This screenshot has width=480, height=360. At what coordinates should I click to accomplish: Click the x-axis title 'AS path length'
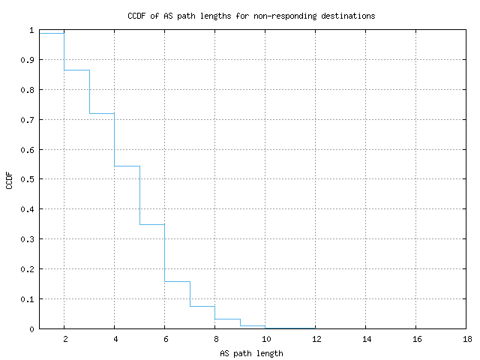click(x=251, y=352)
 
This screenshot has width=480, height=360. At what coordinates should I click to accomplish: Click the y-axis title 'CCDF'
click(x=10, y=180)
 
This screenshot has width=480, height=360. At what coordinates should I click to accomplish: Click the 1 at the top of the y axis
click(x=31, y=31)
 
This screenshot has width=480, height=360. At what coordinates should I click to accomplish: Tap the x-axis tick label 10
click(x=265, y=339)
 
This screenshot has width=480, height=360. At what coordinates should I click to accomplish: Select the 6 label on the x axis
click(x=164, y=339)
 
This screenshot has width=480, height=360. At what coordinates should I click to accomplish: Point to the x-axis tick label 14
click(x=365, y=339)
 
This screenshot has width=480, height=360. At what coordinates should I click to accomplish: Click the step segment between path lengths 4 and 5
click(x=127, y=166)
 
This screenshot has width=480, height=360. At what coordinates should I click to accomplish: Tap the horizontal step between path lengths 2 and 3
click(x=76, y=70)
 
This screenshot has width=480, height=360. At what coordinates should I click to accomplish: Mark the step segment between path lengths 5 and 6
click(x=151, y=224)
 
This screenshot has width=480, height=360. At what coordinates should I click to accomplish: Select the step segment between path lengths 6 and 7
click(x=177, y=281)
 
